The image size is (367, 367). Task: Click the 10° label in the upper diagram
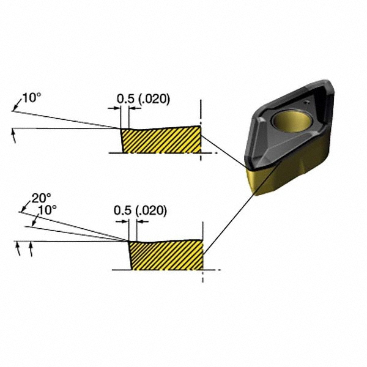coord(31,98)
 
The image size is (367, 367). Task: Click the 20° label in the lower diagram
coord(41,198)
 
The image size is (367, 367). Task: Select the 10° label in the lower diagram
coord(47,209)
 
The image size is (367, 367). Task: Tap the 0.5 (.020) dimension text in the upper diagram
coord(143,98)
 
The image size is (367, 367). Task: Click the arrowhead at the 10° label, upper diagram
coord(13,109)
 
